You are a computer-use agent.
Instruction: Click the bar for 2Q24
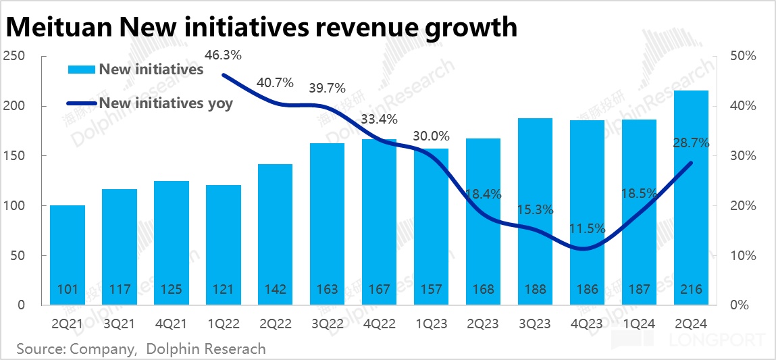[692, 197]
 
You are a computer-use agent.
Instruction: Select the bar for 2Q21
[68, 255]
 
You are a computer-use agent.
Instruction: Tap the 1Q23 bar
[432, 226]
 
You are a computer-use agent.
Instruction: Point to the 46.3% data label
[222, 55]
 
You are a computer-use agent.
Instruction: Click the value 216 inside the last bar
[692, 290]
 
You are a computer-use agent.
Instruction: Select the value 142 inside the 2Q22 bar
[275, 290]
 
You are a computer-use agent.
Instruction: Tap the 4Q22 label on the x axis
[380, 324]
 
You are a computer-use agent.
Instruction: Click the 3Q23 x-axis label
[536, 324]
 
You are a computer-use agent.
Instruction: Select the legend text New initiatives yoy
[165, 103]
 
